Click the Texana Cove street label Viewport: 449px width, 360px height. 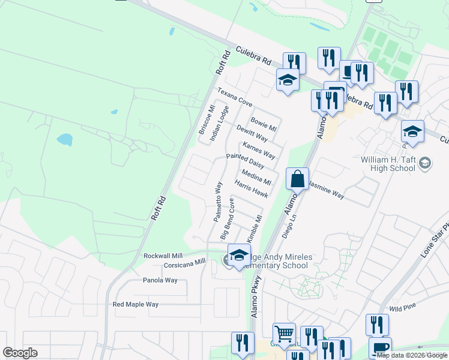click(235, 97)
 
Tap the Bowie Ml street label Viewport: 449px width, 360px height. click(264, 124)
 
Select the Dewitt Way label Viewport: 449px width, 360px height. click(252, 134)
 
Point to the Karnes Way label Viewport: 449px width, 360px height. click(259, 151)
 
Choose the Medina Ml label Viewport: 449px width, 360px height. click(256, 178)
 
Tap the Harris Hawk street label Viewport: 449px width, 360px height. click(251, 190)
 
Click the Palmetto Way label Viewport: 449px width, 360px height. click(218, 202)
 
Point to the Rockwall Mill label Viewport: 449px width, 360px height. click(162, 256)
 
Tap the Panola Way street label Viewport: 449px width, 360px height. click(160, 280)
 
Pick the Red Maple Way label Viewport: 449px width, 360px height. click(136, 304)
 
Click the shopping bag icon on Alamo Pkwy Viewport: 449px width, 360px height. click(297, 179)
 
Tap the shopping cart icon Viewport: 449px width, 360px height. click(284, 334)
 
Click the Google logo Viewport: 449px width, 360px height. click(20, 353)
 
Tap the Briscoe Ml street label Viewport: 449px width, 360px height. click(206, 121)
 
